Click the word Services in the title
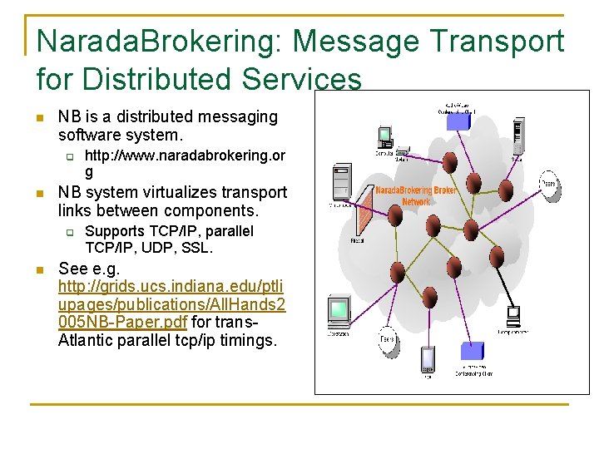(x=302, y=80)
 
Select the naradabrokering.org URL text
(x=185, y=164)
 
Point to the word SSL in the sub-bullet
(x=197, y=248)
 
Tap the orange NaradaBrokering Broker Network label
(x=415, y=195)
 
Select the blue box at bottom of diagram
(x=472, y=352)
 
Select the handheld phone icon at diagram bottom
(x=428, y=359)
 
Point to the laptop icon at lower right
(x=513, y=317)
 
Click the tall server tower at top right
(x=518, y=136)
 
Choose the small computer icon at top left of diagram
(x=384, y=136)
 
